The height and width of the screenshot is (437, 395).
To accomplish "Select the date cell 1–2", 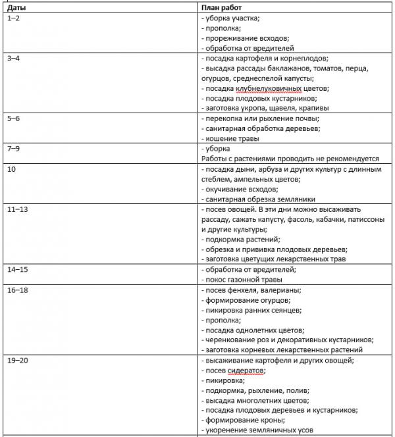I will (x=14, y=18).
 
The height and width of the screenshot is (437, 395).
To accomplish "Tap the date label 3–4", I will (x=14, y=59).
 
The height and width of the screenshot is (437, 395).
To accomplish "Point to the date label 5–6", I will (x=14, y=118).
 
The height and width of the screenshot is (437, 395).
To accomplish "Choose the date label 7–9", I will (x=14, y=149).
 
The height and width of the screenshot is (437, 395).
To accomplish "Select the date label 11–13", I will (x=16, y=209).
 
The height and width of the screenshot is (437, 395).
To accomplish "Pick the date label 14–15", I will (x=16, y=269).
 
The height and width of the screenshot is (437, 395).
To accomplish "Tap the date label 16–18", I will (x=16, y=290).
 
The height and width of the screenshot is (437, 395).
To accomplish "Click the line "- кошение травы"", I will (x=230, y=138).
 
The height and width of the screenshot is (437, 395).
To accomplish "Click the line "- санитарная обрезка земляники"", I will (x=258, y=199).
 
